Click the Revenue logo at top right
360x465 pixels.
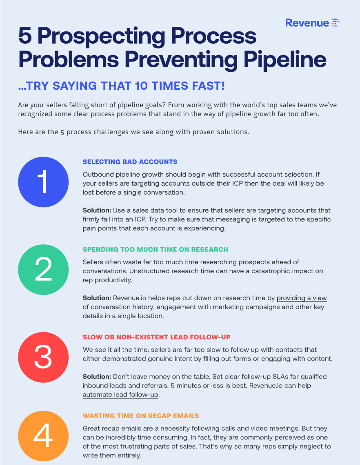312,22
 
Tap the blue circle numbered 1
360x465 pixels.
43,182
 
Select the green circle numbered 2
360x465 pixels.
43,270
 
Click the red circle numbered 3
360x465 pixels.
43,357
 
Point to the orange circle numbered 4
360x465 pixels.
43,436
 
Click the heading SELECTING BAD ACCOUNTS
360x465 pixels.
130,162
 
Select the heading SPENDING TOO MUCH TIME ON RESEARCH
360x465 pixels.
155,249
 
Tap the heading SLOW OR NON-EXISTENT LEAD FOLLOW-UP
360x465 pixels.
156,337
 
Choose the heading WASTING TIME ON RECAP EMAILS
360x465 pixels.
141,416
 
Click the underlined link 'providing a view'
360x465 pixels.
302,298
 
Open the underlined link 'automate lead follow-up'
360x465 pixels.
120,395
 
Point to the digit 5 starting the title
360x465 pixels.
25,35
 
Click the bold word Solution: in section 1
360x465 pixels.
97,210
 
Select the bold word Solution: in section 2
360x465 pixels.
97,298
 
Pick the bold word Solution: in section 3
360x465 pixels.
97,376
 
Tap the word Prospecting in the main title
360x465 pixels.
101,36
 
